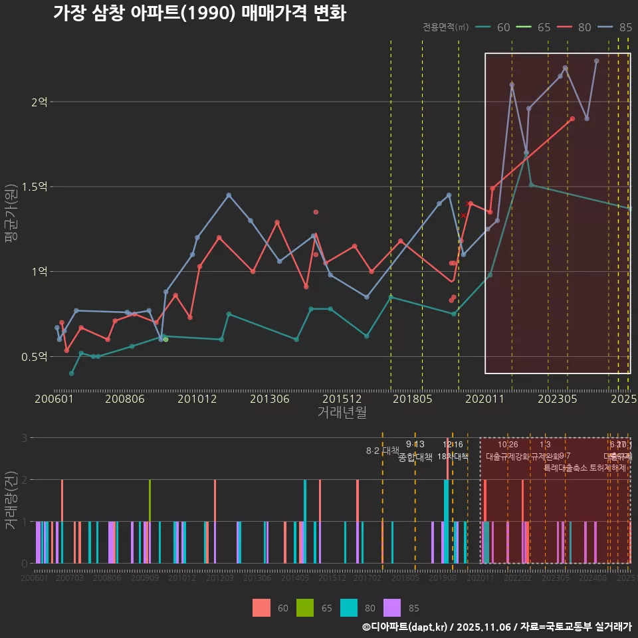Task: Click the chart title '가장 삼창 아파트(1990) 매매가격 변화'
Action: (x=199, y=13)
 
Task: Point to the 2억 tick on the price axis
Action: (x=39, y=102)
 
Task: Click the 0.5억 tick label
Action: (x=35, y=357)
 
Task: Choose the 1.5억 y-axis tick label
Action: (x=35, y=187)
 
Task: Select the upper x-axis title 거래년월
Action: (x=342, y=413)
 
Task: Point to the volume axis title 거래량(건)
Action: (x=11, y=500)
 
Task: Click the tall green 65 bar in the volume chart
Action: (x=150, y=522)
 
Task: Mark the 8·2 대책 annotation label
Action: (x=378, y=451)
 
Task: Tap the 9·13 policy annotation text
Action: (x=415, y=445)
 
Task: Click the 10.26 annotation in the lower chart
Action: (x=508, y=445)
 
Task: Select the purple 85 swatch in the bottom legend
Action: (x=393, y=607)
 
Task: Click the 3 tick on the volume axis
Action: (x=24, y=437)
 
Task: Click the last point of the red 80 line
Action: (x=572, y=118)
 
